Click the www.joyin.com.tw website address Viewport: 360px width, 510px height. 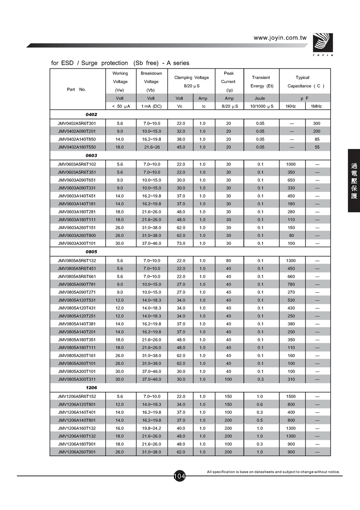(x=280, y=38)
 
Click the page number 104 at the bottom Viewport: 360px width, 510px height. (x=180, y=476)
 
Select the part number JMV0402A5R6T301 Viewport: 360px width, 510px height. (x=77, y=123)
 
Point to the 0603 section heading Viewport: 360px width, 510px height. (x=91, y=155)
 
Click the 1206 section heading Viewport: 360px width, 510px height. (x=91, y=388)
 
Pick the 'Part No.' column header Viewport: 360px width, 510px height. (x=76, y=89)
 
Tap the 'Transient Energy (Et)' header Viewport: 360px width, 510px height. (x=262, y=82)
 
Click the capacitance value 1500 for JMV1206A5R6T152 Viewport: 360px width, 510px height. (x=291, y=396)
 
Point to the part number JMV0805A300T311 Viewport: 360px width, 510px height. (x=77, y=379)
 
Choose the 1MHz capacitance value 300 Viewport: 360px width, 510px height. (x=316, y=123)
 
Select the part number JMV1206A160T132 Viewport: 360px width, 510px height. (x=77, y=428)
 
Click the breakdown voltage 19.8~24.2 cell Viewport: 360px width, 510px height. (x=151, y=428)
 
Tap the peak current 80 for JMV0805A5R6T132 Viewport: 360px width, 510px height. (x=229, y=261)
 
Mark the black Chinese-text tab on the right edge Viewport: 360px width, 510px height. (x=354, y=181)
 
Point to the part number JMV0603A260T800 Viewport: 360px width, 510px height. (x=77, y=235)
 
